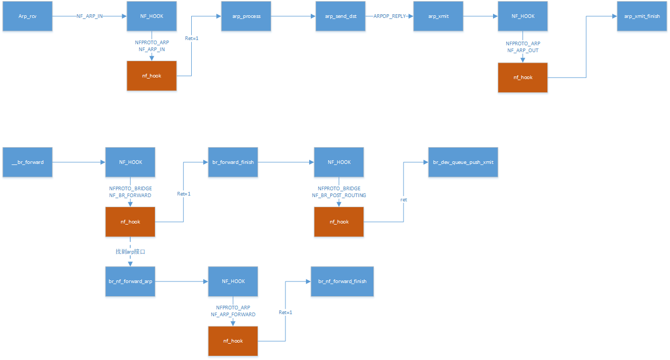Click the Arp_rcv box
[x=27, y=16]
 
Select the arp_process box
[x=246, y=16]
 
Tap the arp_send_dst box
[x=341, y=16]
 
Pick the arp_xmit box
[x=438, y=16]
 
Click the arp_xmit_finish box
[x=642, y=16]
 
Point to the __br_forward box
[x=27, y=162]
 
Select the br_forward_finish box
[x=233, y=162]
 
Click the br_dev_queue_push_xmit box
[x=463, y=162]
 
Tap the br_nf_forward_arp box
[x=130, y=281]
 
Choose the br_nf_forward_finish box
[x=342, y=281]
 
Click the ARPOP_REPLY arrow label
[x=389, y=16]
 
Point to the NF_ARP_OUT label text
[x=523, y=51]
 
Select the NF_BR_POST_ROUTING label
[x=339, y=196]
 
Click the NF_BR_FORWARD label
[x=130, y=196]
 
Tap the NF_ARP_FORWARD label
[x=233, y=315]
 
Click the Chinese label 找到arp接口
[x=130, y=252]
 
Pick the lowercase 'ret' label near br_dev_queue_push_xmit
[x=403, y=200]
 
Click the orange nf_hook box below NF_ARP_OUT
[x=523, y=77]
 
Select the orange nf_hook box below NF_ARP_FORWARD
[x=233, y=341]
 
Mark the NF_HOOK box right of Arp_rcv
[x=152, y=16]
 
